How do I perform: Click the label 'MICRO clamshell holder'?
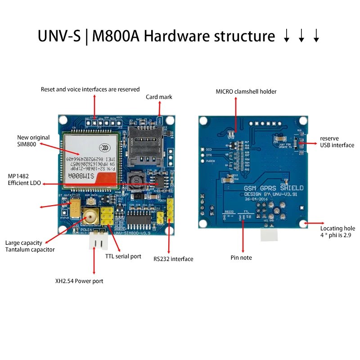(x=246, y=91)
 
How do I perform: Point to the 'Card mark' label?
(x=159, y=97)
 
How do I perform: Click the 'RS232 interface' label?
(x=173, y=259)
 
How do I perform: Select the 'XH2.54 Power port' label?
(x=79, y=281)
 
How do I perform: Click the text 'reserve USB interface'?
(x=337, y=142)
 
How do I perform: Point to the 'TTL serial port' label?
(x=123, y=256)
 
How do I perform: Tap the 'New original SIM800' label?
(x=33, y=141)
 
